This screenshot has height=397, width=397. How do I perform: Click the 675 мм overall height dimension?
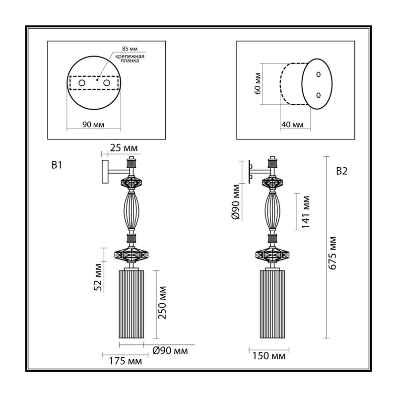click(x=333, y=253)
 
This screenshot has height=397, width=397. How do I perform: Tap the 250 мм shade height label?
click(x=162, y=303)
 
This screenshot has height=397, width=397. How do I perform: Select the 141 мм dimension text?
click(x=306, y=212)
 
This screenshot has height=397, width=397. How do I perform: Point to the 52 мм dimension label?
click(x=98, y=277)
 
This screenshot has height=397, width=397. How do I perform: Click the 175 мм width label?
click(x=126, y=361)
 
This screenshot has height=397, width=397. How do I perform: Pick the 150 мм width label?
click(x=268, y=356)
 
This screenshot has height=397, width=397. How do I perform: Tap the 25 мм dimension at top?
click(x=124, y=148)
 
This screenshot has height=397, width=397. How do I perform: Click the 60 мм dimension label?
click(x=258, y=83)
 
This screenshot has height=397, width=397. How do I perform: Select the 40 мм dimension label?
click(x=292, y=125)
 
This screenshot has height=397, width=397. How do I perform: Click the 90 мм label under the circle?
click(x=93, y=125)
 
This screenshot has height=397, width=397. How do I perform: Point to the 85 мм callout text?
click(x=130, y=49)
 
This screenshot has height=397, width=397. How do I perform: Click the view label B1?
click(x=57, y=165)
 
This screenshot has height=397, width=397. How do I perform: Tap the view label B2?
click(x=342, y=171)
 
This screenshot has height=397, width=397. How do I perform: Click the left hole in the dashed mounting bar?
click(x=82, y=83)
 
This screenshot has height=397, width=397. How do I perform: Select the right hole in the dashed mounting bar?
click(x=107, y=83)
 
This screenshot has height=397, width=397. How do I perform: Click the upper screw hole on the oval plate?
click(x=319, y=74)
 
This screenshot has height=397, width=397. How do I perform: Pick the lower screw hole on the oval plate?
click(x=319, y=95)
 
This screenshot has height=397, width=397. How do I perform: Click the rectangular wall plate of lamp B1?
click(x=105, y=171)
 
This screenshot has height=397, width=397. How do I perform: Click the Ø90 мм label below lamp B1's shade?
click(x=170, y=351)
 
